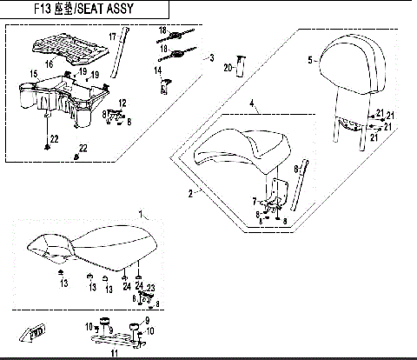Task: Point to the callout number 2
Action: [x=192, y=194]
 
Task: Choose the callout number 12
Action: [x=122, y=103]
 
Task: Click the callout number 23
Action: [x=149, y=287]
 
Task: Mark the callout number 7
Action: [x=254, y=201]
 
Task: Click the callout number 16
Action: [x=48, y=64]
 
